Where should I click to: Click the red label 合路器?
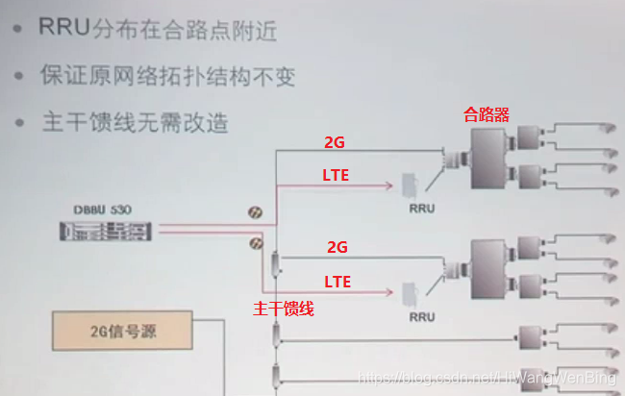[x=486, y=114]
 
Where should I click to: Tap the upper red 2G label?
[x=336, y=142]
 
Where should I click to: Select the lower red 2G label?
[x=337, y=247]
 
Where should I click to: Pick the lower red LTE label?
[x=337, y=281]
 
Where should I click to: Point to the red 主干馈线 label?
[x=284, y=309]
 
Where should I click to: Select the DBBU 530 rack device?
[x=108, y=231]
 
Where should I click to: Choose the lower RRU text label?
[x=420, y=315]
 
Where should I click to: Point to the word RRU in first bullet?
[x=63, y=29]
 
